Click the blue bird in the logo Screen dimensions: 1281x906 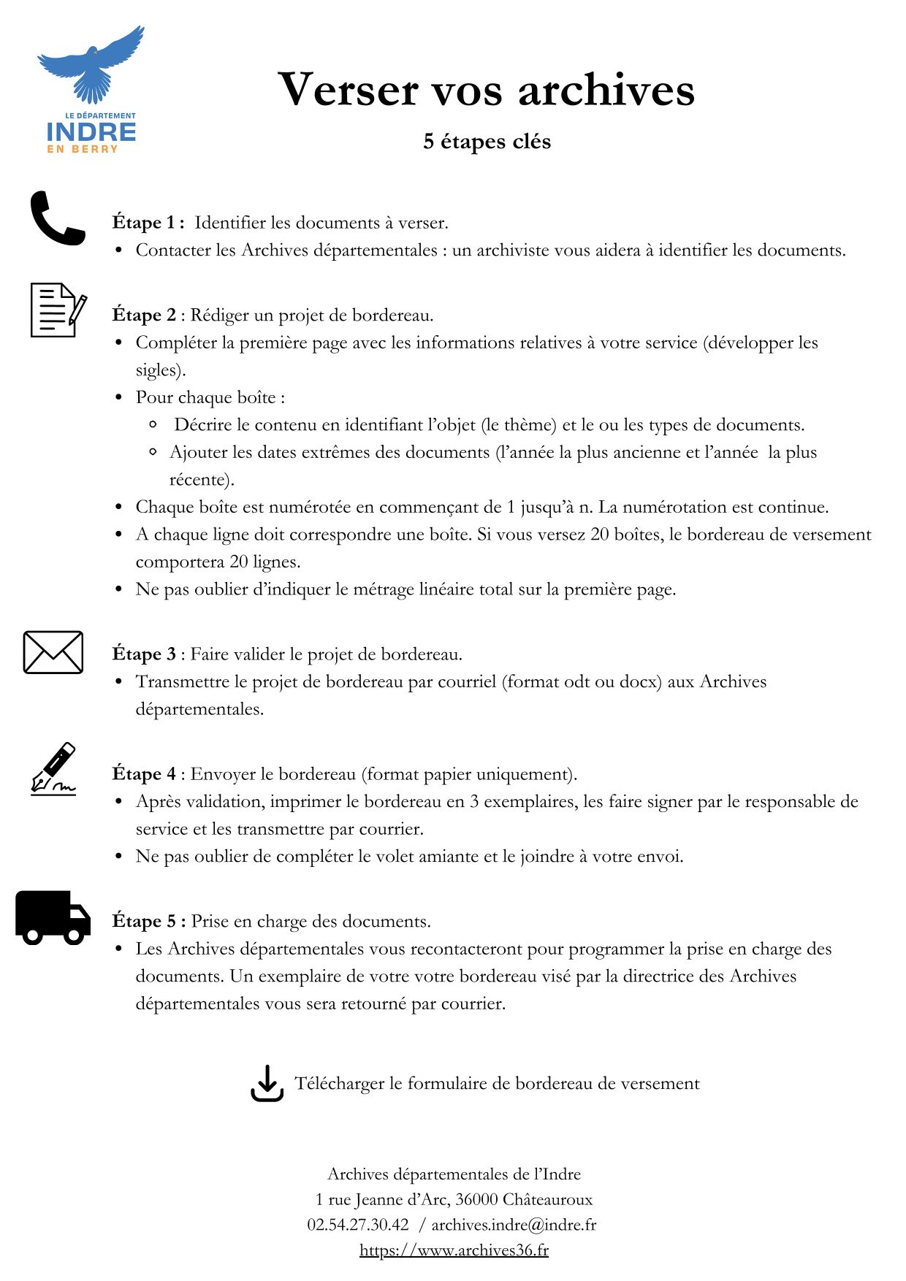point(91,64)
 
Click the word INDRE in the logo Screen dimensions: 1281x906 point(91,132)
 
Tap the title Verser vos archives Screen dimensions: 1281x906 point(486,90)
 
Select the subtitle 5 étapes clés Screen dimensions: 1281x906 point(487,141)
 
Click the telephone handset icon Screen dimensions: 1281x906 point(57,218)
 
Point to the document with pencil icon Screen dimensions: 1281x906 point(58,310)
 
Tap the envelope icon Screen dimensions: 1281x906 point(53,651)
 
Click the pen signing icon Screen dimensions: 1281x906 point(54,768)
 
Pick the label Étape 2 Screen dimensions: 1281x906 point(144,315)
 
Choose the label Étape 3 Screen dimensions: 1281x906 point(144,654)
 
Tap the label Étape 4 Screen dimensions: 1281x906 point(144,773)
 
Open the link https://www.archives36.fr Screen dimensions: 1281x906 point(454,1250)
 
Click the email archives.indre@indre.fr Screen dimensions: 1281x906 point(514,1224)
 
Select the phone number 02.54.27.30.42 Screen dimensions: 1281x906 point(358,1224)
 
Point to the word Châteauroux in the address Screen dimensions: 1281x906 point(547,1199)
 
